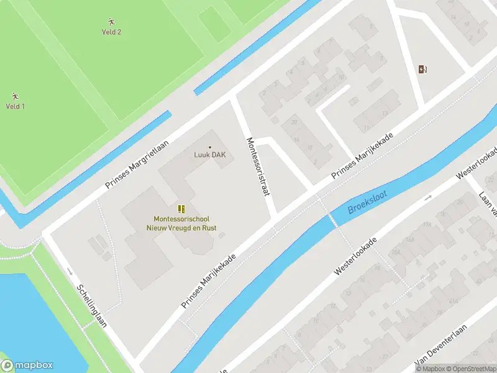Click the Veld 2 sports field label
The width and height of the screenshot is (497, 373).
point(111,32)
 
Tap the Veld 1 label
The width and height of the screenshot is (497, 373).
point(16,106)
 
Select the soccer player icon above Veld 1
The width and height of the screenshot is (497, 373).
point(15,96)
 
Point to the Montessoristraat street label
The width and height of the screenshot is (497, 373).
point(259,167)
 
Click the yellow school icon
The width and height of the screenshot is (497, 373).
point(181,209)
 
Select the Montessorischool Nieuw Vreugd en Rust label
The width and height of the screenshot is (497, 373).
point(182,223)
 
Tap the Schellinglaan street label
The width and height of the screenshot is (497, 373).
point(92,306)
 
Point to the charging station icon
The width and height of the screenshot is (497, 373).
point(423,69)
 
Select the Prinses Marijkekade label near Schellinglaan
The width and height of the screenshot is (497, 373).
point(209,281)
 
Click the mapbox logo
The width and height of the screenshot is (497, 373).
point(27,366)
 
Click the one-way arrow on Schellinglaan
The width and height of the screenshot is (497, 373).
point(70,272)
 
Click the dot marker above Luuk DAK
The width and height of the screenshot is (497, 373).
point(209,147)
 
